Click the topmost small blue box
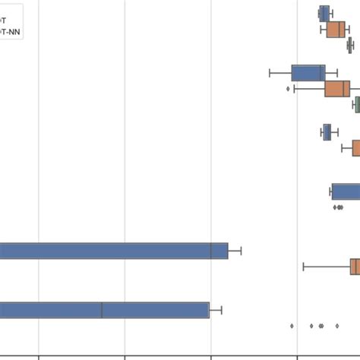pyautogui.click(x=324, y=14)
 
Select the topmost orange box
pyautogui.click(x=336, y=30)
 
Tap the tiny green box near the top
pyautogui.click(x=349, y=46)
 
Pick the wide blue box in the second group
pyautogui.click(x=308, y=73)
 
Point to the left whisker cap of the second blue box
pyautogui.click(x=270, y=73)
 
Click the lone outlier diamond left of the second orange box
pyautogui.click(x=288, y=89)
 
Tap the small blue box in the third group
pyautogui.click(x=327, y=132)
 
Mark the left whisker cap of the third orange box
pyautogui.click(x=342, y=147)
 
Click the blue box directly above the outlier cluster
pyautogui.click(x=346, y=191)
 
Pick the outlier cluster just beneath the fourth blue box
pyautogui.click(x=337, y=207)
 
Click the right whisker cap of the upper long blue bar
pyautogui.click(x=241, y=251)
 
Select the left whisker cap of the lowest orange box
pyautogui.click(x=304, y=267)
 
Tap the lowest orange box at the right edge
pyautogui.click(x=355, y=267)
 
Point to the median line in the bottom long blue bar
pyautogui.click(x=102, y=310)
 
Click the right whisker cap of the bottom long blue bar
pyautogui.click(x=221, y=310)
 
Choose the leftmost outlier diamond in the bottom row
pyautogui.click(x=292, y=326)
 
